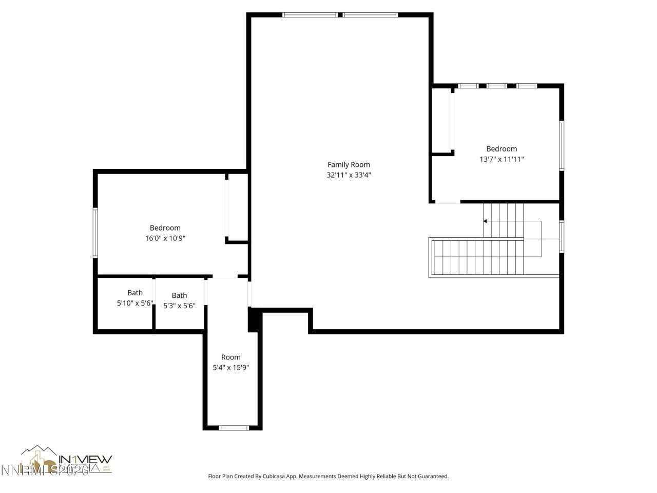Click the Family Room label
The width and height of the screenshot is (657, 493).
(x=349, y=165)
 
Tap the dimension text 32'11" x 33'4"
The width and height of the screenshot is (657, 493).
(x=349, y=175)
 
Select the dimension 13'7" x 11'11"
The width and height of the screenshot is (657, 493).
(x=501, y=159)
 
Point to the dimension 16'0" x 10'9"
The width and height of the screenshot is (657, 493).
(x=165, y=238)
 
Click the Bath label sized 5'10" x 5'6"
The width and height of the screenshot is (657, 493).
(x=135, y=293)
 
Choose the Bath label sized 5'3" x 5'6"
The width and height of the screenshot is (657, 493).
(x=179, y=296)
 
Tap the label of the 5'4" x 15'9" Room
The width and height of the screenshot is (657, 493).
(x=230, y=357)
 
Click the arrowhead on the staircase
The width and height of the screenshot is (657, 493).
(x=485, y=221)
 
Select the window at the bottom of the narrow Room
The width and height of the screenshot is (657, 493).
(x=234, y=427)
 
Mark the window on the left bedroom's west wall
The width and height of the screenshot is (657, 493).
(x=95, y=232)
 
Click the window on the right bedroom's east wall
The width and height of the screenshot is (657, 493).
(x=562, y=145)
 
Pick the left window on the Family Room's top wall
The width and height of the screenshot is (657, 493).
(x=310, y=15)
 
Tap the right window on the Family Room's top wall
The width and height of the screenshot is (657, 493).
(x=370, y=15)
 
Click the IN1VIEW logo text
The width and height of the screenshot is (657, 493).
(x=85, y=459)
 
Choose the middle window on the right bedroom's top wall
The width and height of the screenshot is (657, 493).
(x=497, y=86)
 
